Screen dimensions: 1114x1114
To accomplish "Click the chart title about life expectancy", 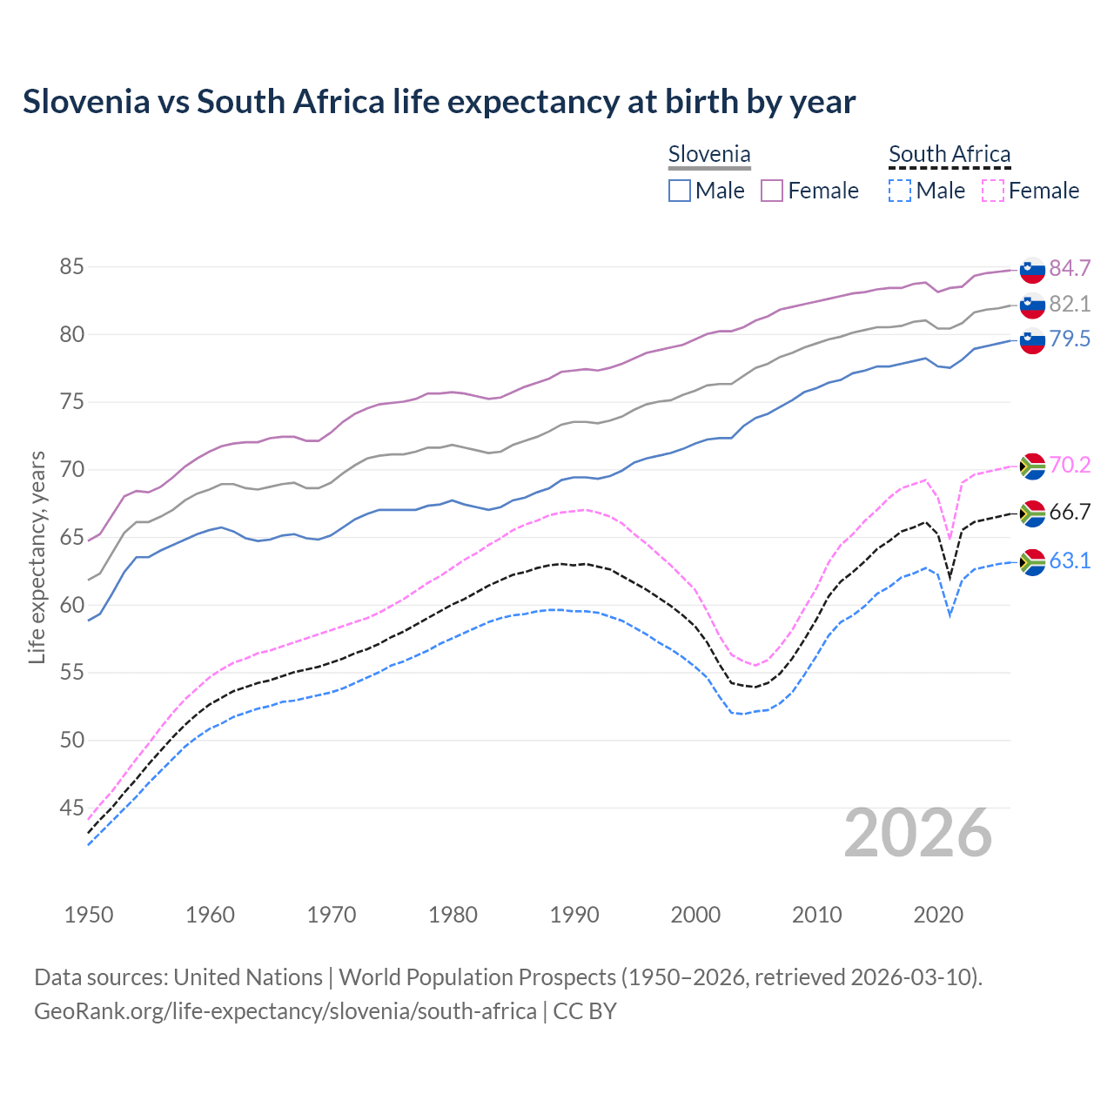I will coord(439,102).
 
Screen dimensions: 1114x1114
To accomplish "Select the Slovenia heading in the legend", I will coord(708,155).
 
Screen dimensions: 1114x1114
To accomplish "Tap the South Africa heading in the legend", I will coord(949,155).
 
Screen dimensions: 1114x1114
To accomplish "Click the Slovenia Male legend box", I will coord(680,191).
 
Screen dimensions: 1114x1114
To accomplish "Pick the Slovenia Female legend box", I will coord(772,191).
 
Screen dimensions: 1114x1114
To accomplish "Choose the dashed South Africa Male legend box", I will coord(900,191).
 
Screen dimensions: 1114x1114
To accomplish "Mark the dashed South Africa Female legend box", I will coord(992,191).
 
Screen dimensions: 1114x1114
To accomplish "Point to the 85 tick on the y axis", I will coord(71,267).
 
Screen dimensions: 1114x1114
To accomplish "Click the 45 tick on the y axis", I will coord(71,809).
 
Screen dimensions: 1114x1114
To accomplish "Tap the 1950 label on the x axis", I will coord(89,915).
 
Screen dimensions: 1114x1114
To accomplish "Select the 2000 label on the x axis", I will coord(695,915).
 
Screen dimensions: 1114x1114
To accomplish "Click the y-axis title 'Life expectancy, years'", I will coord(37,557).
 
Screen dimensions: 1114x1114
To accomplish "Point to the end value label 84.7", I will coord(1070,268).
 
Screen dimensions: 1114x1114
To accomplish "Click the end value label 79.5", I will coord(1070,339).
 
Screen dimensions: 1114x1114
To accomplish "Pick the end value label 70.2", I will coord(1070,466).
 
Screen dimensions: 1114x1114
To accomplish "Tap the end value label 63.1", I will coord(1070,561).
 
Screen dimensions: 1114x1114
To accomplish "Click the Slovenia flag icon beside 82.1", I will coord(1032,305).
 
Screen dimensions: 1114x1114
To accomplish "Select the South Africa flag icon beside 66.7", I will coord(1032,513).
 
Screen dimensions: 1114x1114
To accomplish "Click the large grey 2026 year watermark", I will coord(917,834).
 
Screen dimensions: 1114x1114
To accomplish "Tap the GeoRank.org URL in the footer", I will coord(285,1011).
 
